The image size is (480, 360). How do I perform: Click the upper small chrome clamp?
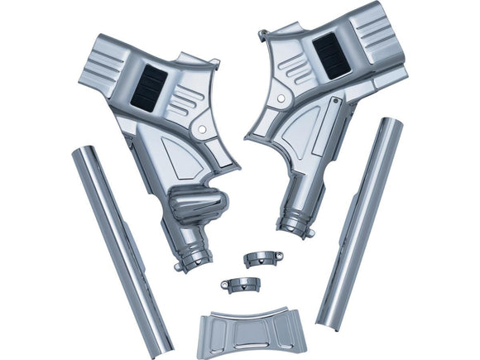coord(263,257)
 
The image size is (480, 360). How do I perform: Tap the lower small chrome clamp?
coord(240,285)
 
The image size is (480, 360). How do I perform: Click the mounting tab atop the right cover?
coord(264,36)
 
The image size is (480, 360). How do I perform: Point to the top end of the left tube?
coord(82,155)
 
